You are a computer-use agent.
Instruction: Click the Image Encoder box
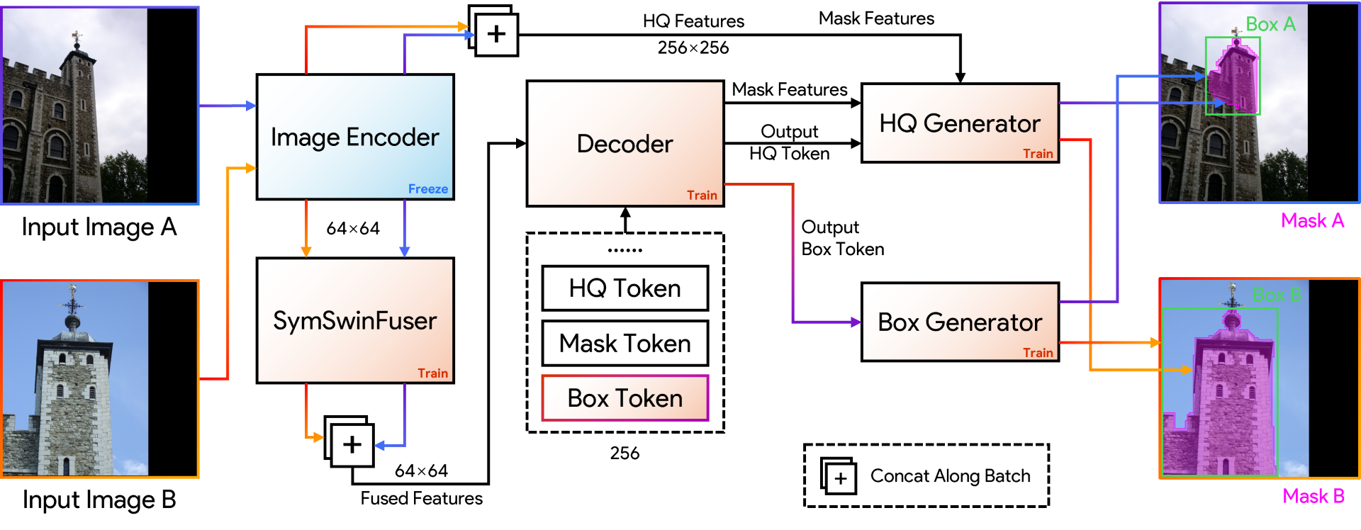tap(354, 137)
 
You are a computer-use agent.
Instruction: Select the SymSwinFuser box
tap(354, 320)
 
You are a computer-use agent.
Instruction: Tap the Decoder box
tap(625, 144)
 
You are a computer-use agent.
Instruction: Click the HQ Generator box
tap(960, 123)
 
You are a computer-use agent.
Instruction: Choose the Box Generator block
tap(960, 322)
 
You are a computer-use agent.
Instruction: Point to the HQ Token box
tap(625, 288)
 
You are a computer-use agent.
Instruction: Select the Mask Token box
tap(625, 344)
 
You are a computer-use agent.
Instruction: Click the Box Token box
tap(625, 398)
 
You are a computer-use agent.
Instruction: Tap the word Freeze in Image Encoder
tap(427, 189)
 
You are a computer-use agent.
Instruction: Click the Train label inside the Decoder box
tap(702, 196)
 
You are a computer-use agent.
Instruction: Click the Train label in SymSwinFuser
tap(432, 373)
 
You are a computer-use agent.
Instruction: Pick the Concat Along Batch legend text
tap(950, 476)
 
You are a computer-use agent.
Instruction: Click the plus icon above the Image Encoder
tap(496, 34)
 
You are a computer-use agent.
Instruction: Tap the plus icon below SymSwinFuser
tap(352, 445)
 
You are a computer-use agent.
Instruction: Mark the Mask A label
tap(1312, 221)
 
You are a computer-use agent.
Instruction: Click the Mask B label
tap(1314, 496)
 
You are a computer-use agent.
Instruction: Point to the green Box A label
tap(1270, 25)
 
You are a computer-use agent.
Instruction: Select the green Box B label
tap(1277, 295)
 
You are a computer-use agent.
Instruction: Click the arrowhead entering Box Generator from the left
tap(856, 322)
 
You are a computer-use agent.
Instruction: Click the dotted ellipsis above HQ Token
tap(625, 250)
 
